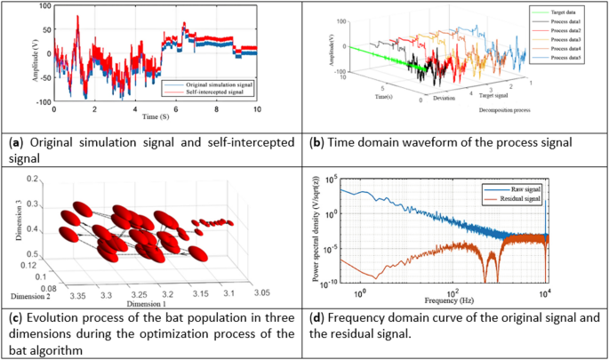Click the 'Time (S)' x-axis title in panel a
click(155, 117)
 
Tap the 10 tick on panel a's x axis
click(257, 109)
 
